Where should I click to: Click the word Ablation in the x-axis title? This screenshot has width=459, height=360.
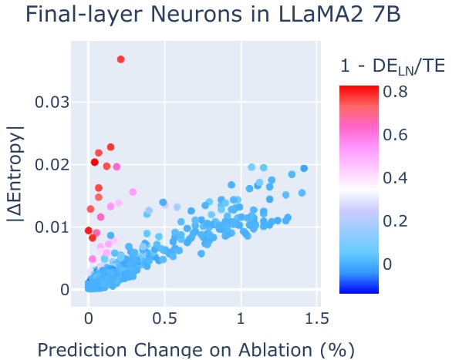(264, 349)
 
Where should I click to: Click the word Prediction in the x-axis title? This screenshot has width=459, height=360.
(86, 349)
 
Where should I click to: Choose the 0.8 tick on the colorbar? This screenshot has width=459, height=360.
(397, 92)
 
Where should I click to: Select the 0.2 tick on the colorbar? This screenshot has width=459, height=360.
(397, 221)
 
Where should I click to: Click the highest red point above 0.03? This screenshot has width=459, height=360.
(121, 59)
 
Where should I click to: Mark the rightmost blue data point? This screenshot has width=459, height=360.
(304, 168)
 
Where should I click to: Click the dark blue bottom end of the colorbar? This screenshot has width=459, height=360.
(359, 290)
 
